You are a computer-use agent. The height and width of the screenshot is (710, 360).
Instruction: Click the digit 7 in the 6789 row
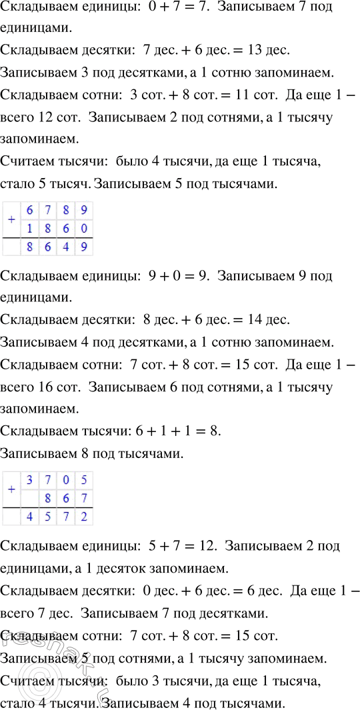click(x=47, y=211)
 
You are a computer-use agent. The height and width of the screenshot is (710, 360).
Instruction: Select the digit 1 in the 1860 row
click(x=29, y=229)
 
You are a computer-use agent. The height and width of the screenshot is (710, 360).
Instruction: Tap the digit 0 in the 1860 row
click(x=83, y=229)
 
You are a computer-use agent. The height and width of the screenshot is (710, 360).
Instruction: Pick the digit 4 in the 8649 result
click(x=65, y=248)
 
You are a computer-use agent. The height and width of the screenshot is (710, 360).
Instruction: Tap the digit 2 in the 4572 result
click(x=83, y=517)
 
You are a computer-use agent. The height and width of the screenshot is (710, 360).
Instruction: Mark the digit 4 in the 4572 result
click(x=29, y=517)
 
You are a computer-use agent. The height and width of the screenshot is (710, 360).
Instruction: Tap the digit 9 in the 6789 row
click(x=83, y=211)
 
